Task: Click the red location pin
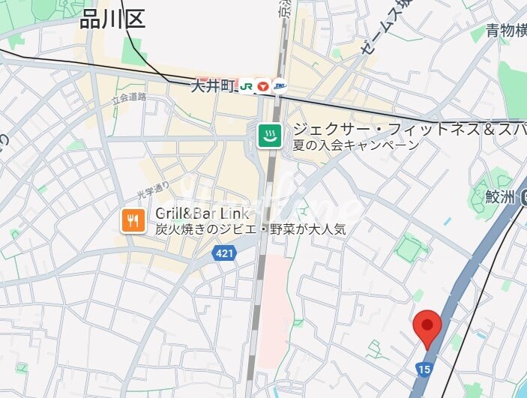[427, 326]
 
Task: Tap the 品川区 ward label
[112, 19]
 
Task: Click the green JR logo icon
[246, 86]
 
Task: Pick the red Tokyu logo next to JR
[262, 86]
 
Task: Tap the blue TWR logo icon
[279, 86]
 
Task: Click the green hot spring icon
[270, 136]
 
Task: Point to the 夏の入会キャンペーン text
[355, 145]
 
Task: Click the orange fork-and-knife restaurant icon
[133, 220]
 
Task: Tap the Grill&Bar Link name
[202, 214]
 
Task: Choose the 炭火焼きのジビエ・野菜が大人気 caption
[250, 229]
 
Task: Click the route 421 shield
[224, 253]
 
